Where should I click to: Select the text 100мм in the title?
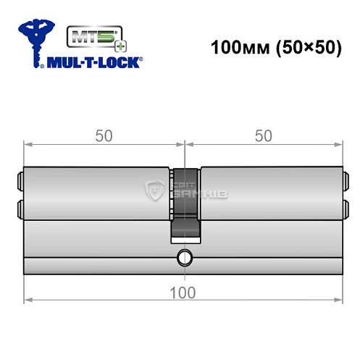pos(236,49)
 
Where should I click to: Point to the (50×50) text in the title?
pos(297,49)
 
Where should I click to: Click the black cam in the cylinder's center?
pos(185,203)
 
